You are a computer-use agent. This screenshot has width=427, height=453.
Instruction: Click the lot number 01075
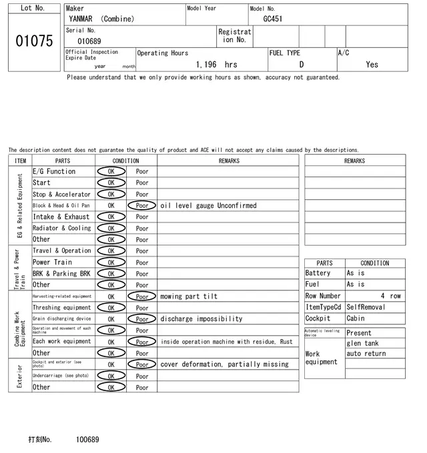[x=33, y=41]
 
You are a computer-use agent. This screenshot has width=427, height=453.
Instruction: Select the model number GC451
[x=272, y=19]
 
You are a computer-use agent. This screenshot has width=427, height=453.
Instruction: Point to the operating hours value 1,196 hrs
[x=217, y=65]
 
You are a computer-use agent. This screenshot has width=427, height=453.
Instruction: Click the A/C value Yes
[x=372, y=65]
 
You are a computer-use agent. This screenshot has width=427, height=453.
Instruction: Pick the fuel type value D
[x=302, y=65]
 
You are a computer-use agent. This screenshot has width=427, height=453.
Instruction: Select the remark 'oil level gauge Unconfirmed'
[x=208, y=206]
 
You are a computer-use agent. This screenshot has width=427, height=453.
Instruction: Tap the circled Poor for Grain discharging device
[x=142, y=319]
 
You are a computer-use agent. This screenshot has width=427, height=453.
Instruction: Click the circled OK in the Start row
[x=111, y=183]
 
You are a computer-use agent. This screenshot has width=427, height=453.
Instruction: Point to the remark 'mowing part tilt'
[x=189, y=296]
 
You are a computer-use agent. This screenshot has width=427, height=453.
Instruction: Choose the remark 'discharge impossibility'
[x=201, y=319]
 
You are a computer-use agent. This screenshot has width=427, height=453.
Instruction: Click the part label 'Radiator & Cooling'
[x=61, y=228]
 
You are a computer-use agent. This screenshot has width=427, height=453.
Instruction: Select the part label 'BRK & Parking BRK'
[x=61, y=273]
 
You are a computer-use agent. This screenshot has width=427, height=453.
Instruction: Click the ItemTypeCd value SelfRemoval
[x=366, y=307]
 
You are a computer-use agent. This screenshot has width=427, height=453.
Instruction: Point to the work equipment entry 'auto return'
[x=366, y=354]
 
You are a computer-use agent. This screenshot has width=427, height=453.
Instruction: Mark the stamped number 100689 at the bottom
[x=87, y=440]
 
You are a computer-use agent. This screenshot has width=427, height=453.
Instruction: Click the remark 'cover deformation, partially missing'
[x=224, y=364]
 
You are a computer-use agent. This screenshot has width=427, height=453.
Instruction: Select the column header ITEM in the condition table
[x=20, y=161]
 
